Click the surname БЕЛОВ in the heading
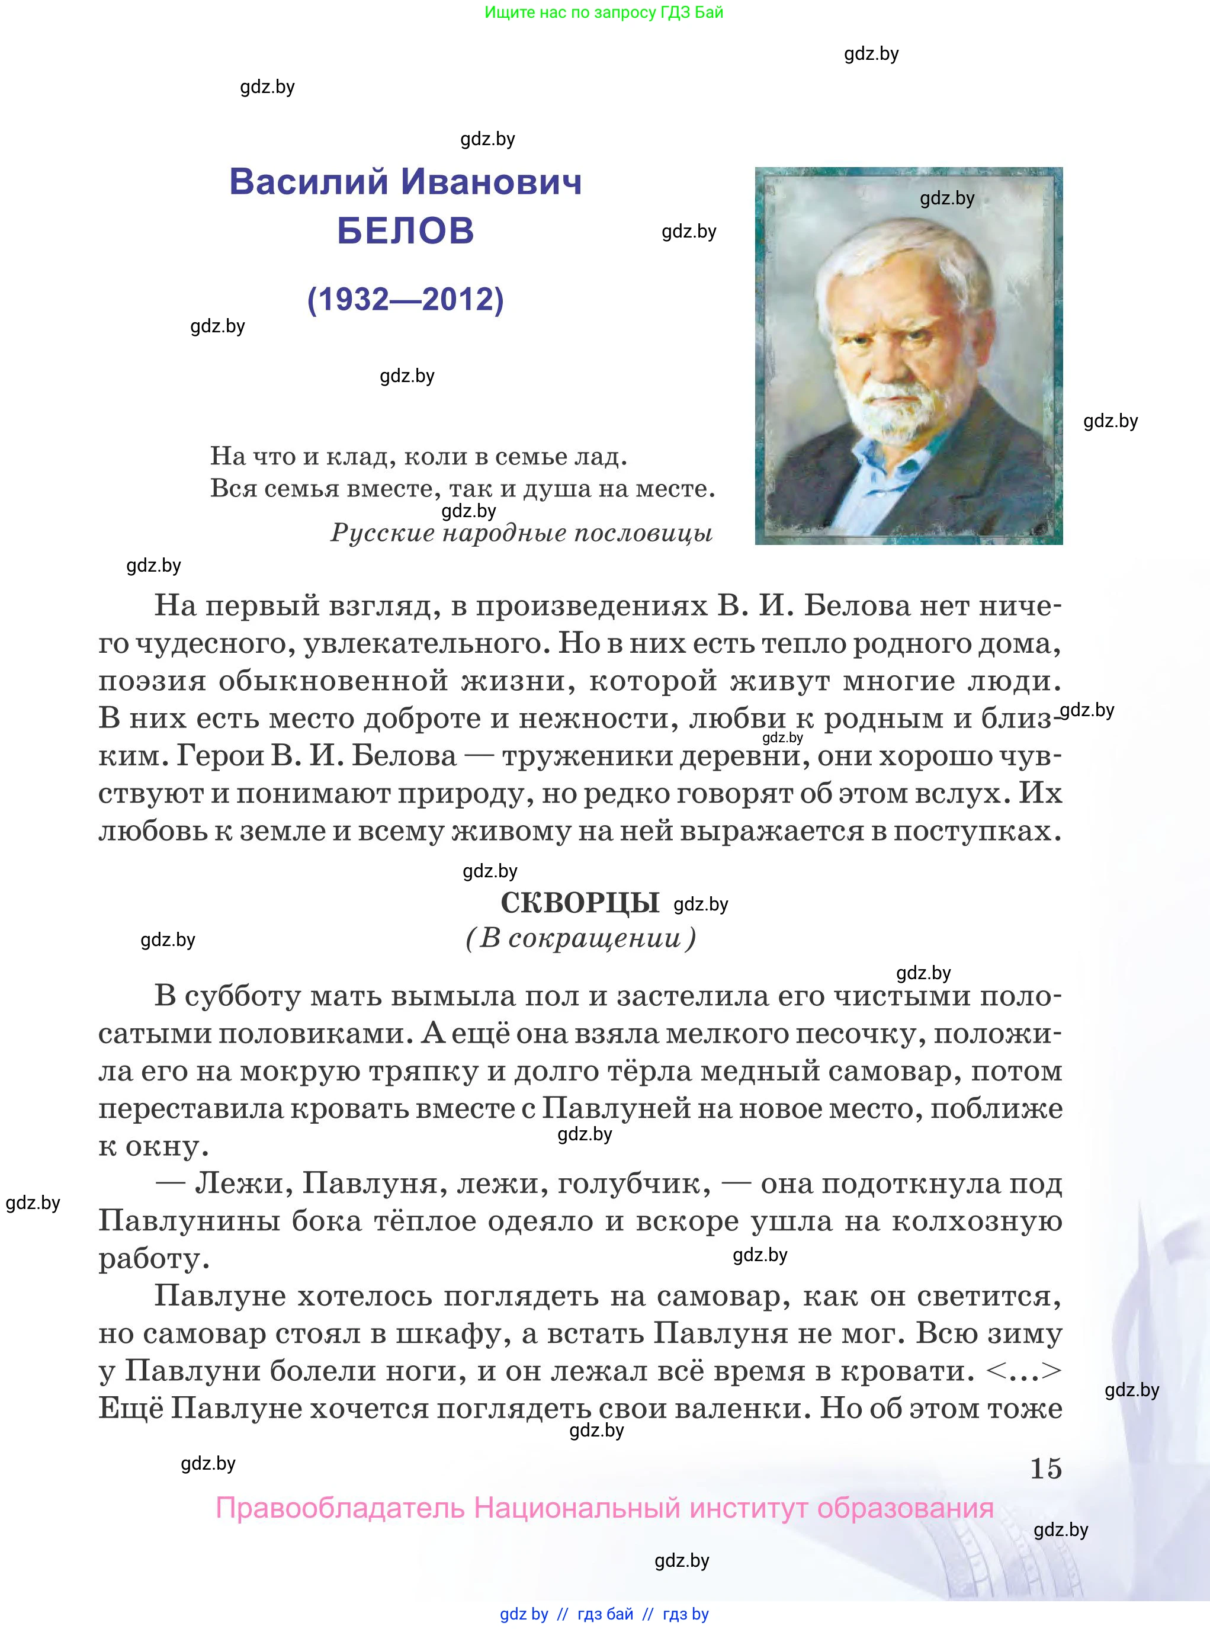click(x=406, y=231)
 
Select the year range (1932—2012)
click(x=406, y=299)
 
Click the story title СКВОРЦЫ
click(x=580, y=903)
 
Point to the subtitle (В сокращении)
click(x=581, y=938)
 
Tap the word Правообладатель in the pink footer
click(x=340, y=1508)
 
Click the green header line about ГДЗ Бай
click(x=604, y=12)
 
